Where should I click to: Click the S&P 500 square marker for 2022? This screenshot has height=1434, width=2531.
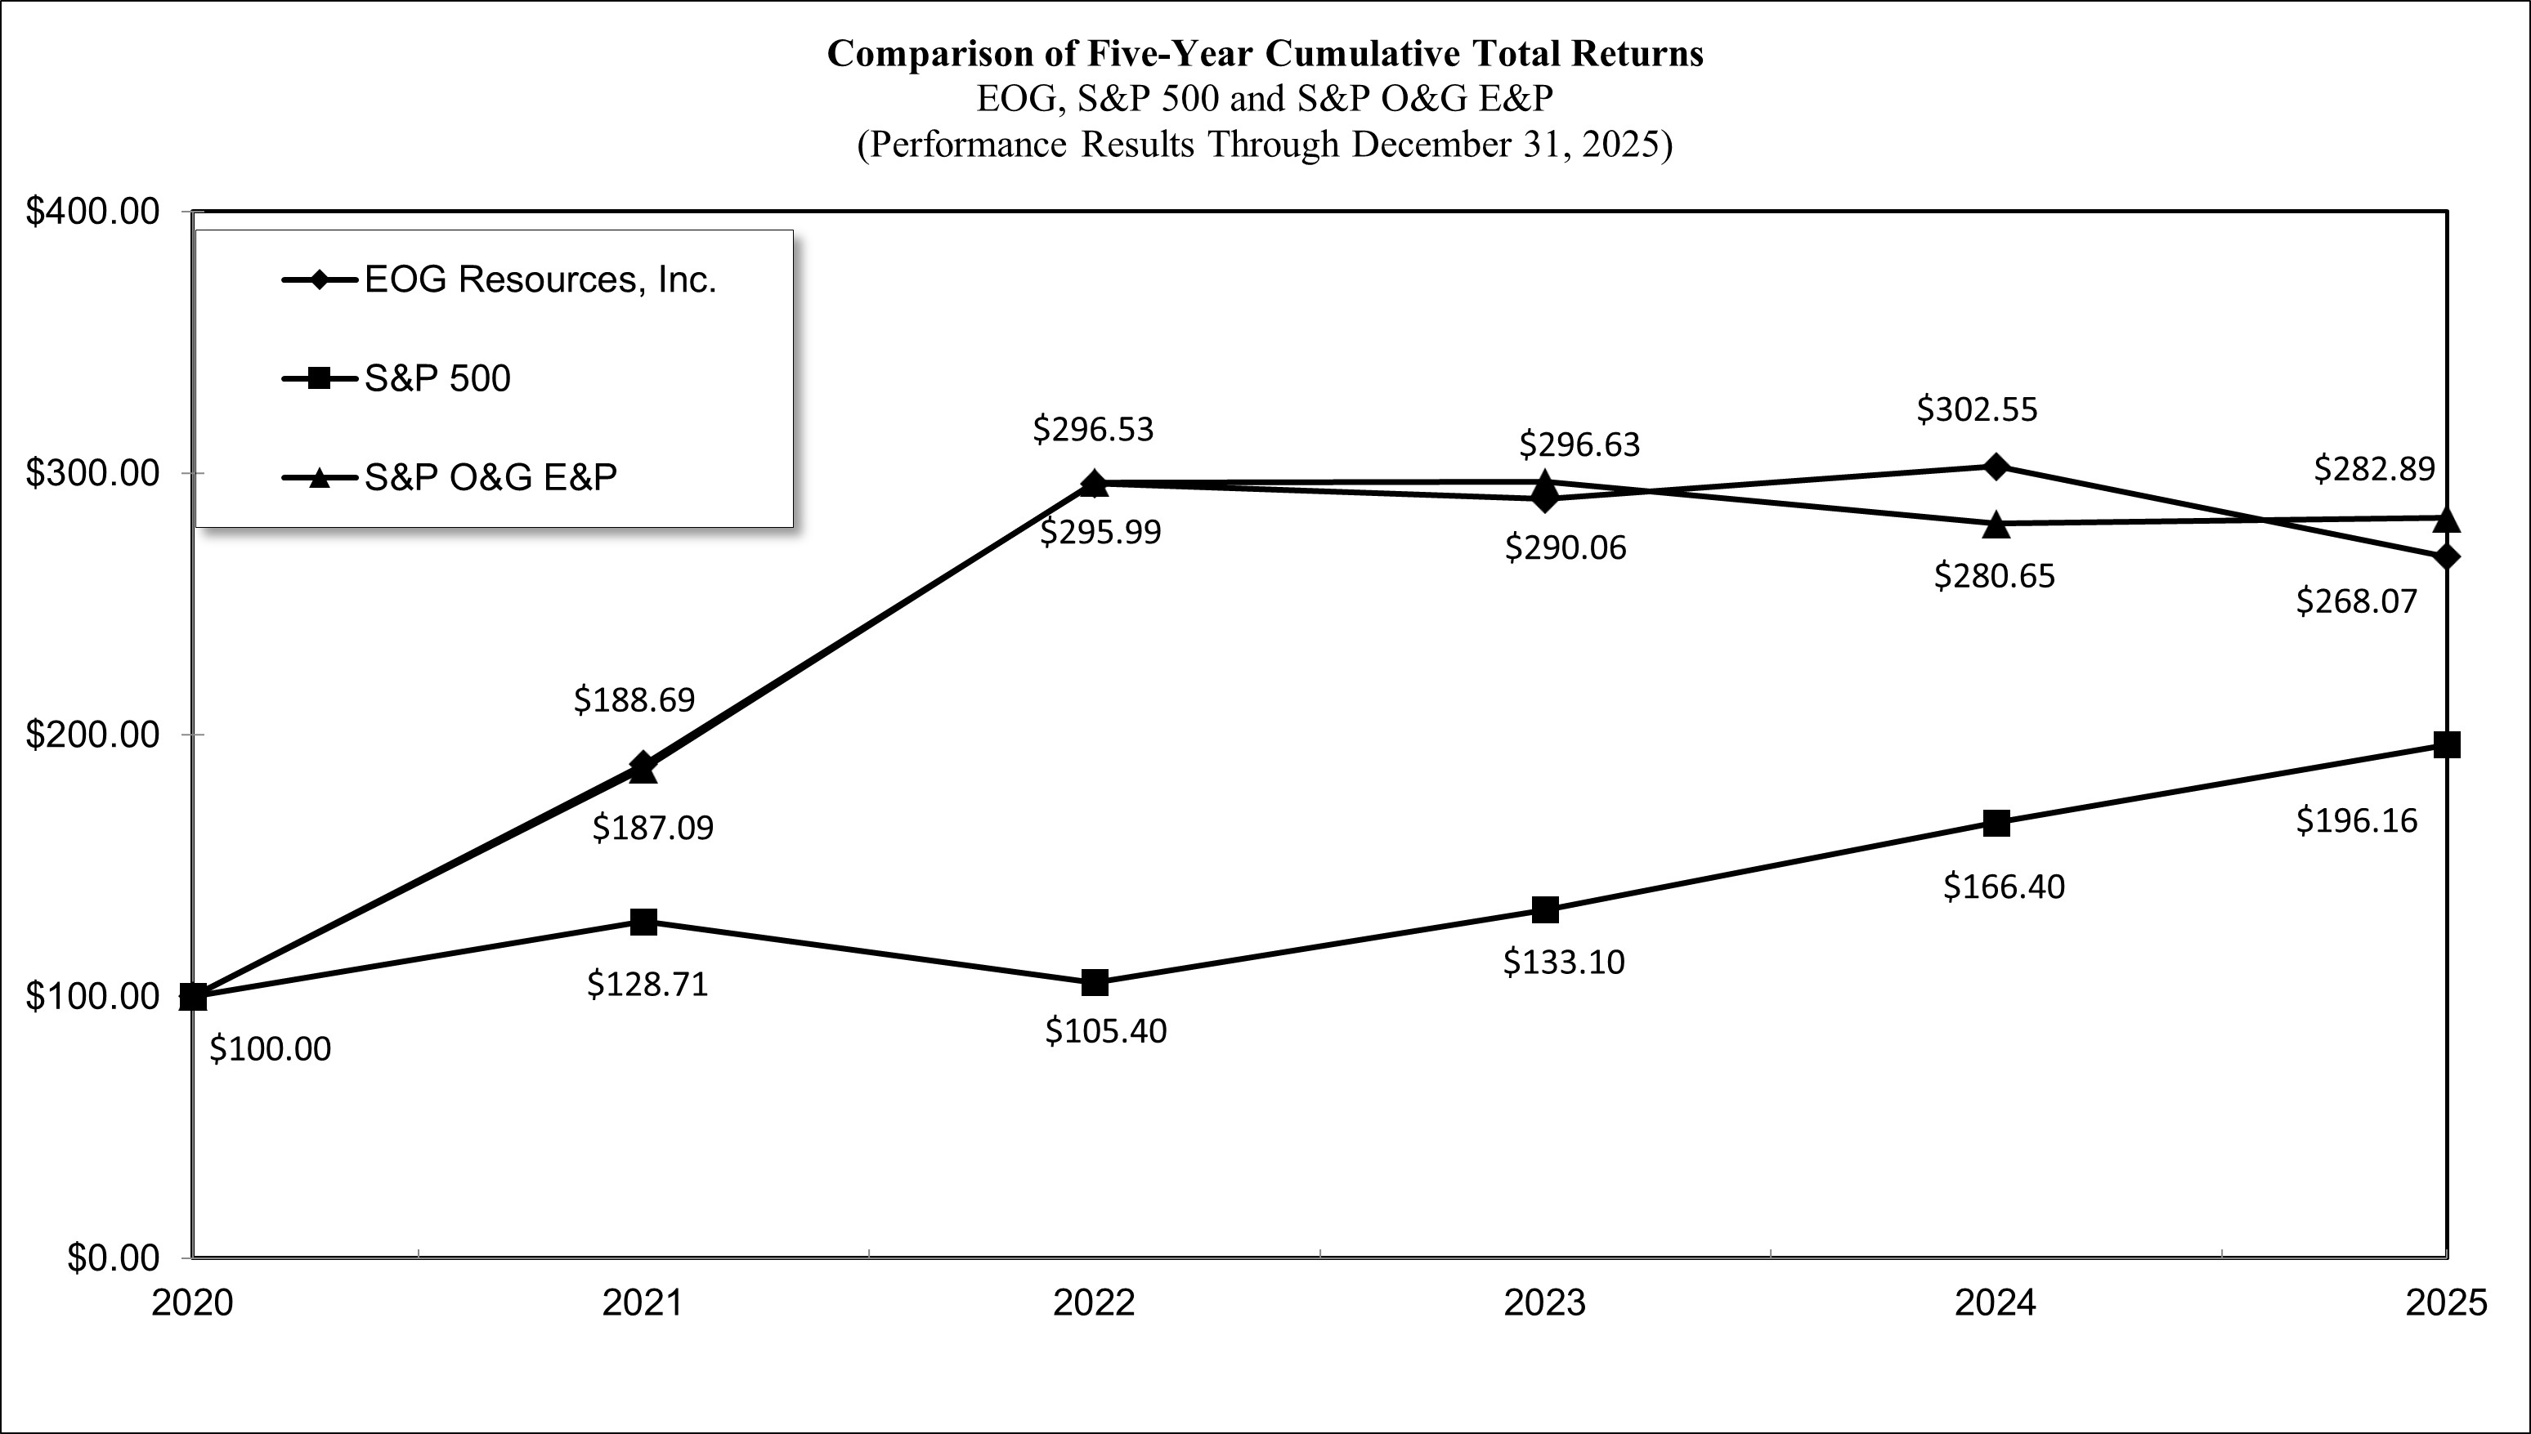1095,982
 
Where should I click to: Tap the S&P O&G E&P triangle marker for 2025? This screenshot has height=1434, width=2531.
2446,519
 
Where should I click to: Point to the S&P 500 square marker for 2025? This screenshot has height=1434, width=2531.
2446,744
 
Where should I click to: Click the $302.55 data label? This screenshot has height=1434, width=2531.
1977,409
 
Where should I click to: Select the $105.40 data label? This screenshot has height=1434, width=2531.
1105,1031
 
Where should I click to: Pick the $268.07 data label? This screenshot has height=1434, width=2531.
2357,601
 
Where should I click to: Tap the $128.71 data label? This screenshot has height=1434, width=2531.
647,984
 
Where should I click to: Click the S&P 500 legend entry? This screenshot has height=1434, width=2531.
437,379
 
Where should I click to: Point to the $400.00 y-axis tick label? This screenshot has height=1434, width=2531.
92,212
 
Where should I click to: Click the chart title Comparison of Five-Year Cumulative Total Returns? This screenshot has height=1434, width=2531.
1265,53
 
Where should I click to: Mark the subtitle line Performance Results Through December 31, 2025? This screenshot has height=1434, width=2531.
1265,145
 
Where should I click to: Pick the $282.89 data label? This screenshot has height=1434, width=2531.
2374,469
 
